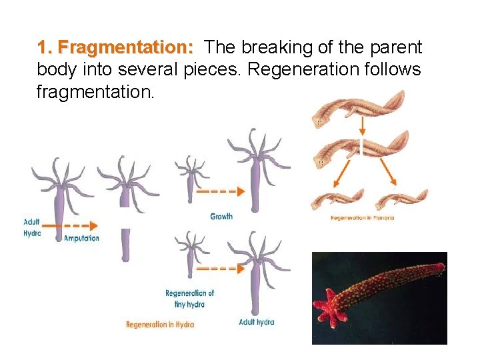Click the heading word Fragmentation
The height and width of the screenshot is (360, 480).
click(115, 48)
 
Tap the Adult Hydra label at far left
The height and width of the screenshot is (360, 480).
click(32, 227)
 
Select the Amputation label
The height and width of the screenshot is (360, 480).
click(81, 238)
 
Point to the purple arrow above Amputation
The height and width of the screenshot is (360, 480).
click(75, 225)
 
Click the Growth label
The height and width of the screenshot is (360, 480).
click(221, 216)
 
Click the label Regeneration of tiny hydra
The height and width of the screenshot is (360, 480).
click(189, 299)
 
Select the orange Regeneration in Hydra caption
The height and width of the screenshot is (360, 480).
click(160, 324)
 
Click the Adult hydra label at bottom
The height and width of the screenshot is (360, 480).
click(256, 322)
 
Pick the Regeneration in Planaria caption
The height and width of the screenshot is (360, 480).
click(362, 218)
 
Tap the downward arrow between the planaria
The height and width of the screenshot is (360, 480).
click(361, 125)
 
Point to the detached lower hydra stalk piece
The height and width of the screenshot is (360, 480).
click(125, 245)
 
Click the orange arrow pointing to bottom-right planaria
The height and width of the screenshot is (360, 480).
click(386, 171)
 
